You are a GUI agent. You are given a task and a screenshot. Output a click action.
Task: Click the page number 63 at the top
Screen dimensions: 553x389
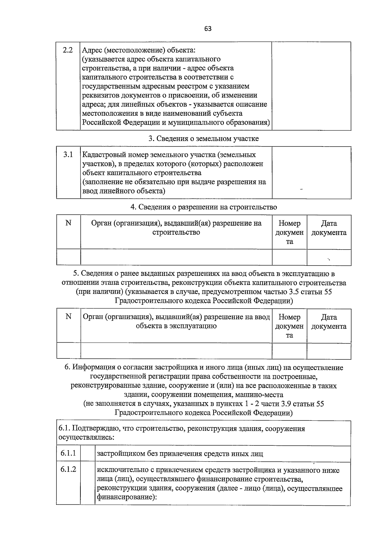click(208, 29)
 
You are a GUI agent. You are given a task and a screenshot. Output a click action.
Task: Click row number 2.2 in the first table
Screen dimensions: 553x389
click(67, 50)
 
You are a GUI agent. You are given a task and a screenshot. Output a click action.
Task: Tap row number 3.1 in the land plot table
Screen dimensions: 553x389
click(68, 155)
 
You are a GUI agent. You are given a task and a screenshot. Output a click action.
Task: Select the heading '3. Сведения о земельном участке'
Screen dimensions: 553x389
click(204, 138)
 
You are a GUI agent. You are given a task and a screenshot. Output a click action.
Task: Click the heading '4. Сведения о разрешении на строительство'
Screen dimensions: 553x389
click(204, 207)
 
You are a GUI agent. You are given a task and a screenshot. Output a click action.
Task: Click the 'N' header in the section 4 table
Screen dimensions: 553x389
click(68, 223)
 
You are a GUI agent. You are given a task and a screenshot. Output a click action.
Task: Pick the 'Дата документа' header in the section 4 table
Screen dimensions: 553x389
click(329, 228)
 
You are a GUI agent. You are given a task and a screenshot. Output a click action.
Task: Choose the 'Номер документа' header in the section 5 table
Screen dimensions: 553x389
click(289, 326)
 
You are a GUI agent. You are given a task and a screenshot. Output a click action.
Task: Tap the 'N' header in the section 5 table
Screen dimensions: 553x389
click(68, 317)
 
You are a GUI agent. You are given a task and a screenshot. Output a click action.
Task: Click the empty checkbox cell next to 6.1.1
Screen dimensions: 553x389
click(88, 453)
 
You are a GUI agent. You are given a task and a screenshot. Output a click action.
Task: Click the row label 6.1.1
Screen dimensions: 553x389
click(68, 453)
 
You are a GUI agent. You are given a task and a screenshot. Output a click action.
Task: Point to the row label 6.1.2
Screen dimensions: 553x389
click(68, 469)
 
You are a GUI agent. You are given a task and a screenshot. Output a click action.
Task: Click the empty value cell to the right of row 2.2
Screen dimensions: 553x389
click(311, 86)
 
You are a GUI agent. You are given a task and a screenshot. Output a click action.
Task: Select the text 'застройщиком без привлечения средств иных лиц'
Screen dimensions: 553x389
click(180, 453)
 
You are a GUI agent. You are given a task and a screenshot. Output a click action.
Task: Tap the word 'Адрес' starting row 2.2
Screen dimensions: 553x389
click(91, 50)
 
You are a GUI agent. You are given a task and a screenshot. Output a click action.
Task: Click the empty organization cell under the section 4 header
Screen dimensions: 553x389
click(176, 257)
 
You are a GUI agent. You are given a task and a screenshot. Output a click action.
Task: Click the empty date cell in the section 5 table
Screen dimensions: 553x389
click(329, 351)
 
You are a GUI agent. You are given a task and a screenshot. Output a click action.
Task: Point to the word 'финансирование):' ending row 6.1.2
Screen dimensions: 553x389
click(127, 497)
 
